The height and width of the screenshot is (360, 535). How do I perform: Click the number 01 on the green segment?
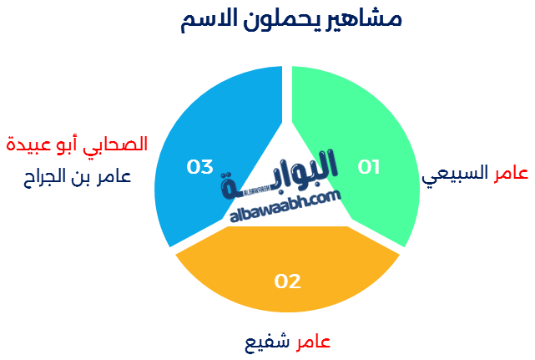[x=369, y=167]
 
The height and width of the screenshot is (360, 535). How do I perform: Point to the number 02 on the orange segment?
[x=288, y=281]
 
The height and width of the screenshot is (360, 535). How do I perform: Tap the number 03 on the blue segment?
[x=199, y=167]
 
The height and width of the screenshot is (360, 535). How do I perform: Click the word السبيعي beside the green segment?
[x=455, y=175]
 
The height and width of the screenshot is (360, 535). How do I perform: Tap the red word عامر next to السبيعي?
[x=511, y=173]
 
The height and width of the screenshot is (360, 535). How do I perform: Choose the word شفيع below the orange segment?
[x=267, y=342]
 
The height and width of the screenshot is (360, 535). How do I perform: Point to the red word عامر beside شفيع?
[x=313, y=342]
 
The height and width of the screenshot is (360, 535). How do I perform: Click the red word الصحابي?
[x=115, y=145]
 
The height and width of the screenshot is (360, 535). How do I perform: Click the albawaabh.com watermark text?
[x=285, y=206]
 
